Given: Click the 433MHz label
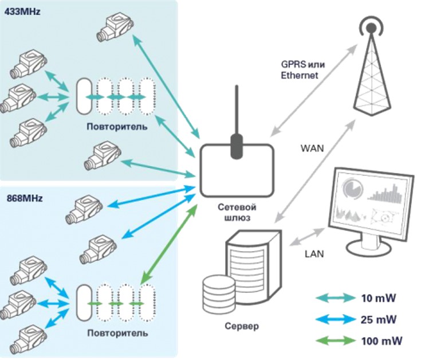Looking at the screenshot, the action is pyautogui.click(x=22, y=11).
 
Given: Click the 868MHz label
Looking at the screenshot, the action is pyautogui.click(x=25, y=198).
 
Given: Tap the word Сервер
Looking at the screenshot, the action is pyautogui.click(x=242, y=326).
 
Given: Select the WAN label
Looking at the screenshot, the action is pyautogui.click(x=312, y=148).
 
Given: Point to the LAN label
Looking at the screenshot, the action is pyautogui.click(x=314, y=254).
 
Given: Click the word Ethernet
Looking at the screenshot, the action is pyautogui.click(x=299, y=75).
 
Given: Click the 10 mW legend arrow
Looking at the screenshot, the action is pyautogui.click(x=336, y=298).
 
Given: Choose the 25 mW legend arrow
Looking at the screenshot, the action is pyautogui.click(x=336, y=319).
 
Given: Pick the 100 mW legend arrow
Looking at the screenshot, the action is pyautogui.click(x=336, y=341).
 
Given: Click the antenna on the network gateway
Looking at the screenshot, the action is pyautogui.click(x=237, y=122).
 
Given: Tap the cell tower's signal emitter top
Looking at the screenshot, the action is pyautogui.click(x=371, y=27).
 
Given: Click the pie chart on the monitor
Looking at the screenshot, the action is pyautogui.click(x=353, y=187).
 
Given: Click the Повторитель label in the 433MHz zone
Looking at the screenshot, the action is pyautogui.click(x=117, y=127).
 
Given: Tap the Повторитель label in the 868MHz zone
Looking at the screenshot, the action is pyautogui.click(x=117, y=333).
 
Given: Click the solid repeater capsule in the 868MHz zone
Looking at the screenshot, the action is pyautogui.click(x=84, y=303).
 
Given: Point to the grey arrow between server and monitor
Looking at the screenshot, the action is pyautogui.click(x=307, y=237).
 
